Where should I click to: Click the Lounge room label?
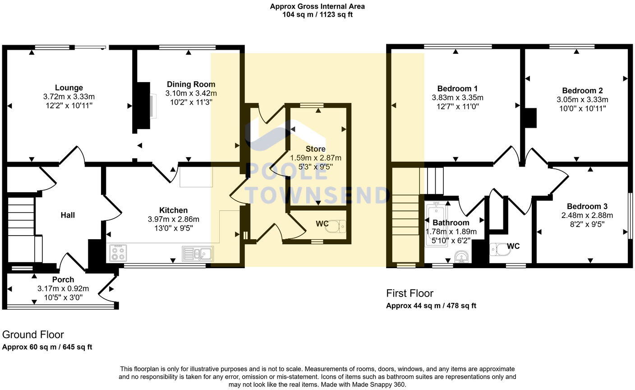69,88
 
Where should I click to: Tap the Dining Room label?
191,84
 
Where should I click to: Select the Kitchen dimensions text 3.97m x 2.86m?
174,219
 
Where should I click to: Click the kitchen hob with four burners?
118,253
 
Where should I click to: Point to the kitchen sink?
198,254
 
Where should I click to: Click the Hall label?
68,215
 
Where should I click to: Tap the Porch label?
63,280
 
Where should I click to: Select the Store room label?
315,149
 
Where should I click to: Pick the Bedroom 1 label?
457,88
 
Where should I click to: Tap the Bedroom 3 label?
584,206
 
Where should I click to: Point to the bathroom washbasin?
461,257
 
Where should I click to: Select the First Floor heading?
410,293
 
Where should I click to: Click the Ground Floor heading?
33,334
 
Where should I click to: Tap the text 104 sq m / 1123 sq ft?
317,14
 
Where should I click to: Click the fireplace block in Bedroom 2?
530,118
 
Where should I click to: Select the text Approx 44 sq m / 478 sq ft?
431,306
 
